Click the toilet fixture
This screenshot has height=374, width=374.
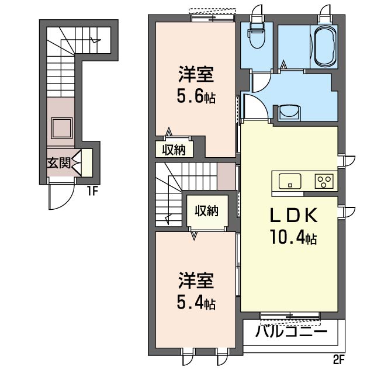(257, 35)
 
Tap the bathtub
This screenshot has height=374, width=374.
(325, 46)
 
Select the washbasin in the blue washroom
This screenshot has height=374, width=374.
(289, 112)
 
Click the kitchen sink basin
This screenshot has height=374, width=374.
(290, 181)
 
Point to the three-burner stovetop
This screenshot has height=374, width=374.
(324, 181)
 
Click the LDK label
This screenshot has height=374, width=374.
(293, 216)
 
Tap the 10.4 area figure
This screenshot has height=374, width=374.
(293, 236)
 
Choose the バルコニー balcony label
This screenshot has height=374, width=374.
(291, 331)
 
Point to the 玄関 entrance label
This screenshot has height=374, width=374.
(59, 163)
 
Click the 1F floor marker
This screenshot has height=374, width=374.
(92, 191)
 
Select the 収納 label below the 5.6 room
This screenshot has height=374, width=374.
(174, 150)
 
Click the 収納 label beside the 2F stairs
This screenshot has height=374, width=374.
(206, 211)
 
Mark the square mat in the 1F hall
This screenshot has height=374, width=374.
(61, 129)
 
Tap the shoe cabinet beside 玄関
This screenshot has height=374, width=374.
(87, 163)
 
